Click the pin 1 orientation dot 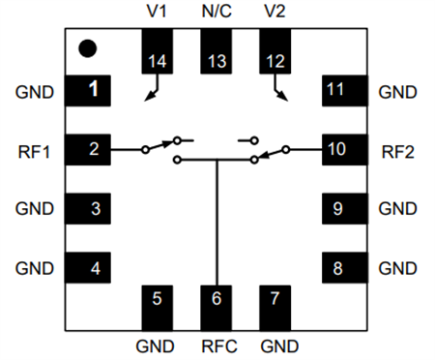pyautogui.click(x=87, y=46)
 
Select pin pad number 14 pyautogui.click(x=157, y=51)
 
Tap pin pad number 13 pyautogui.click(x=217, y=51)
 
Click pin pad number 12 pyautogui.click(x=275, y=51)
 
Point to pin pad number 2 pyautogui.click(x=87, y=150)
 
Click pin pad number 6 pyautogui.click(x=217, y=306)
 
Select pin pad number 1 pyautogui.click(x=87, y=91)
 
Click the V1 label pyautogui.click(x=157, y=13)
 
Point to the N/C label pyautogui.click(x=217, y=13)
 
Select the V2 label pyautogui.click(x=275, y=13)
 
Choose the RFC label pyautogui.click(x=217, y=345)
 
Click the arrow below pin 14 pyautogui.click(x=151, y=91)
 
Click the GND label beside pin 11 pyautogui.click(x=397, y=92)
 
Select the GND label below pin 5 pyautogui.click(x=156, y=345)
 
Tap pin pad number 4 pyautogui.click(x=87, y=266)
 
